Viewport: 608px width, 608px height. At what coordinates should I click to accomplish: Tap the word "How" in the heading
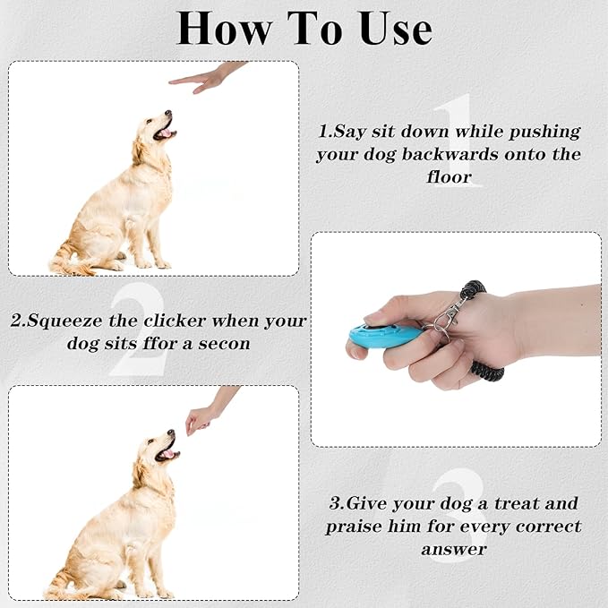click(x=224, y=29)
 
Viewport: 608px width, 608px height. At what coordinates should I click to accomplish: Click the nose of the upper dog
click(x=168, y=113)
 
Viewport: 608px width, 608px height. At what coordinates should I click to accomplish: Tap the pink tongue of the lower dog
click(x=168, y=454)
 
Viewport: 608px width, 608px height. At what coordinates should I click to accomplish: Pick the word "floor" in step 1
click(x=449, y=177)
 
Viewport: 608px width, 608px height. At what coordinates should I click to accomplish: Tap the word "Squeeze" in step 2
click(x=64, y=321)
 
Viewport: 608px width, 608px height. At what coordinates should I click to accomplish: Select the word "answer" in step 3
click(x=454, y=550)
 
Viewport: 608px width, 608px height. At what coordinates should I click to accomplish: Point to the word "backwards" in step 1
click(x=450, y=154)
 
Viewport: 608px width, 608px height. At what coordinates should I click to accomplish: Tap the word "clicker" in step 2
click(x=175, y=321)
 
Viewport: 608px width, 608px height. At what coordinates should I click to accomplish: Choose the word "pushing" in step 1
click(x=544, y=133)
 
